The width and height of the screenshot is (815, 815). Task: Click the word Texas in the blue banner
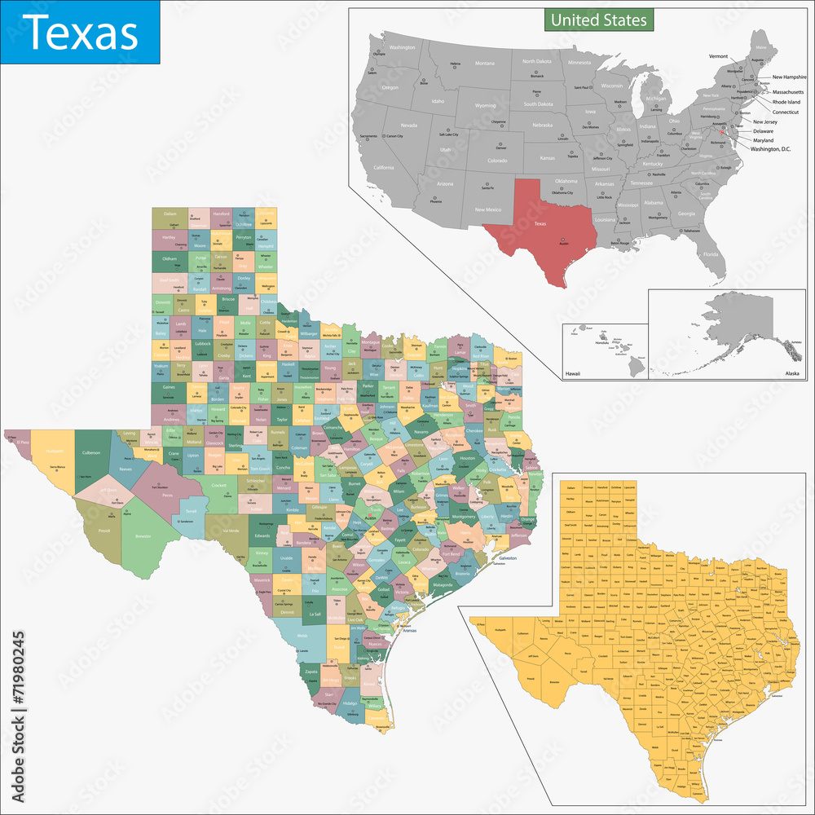coord(79,33)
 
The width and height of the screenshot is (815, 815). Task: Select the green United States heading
coord(598,19)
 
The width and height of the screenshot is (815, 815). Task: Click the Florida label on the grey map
coord(711,254)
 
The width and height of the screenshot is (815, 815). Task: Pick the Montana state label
coord(484,63)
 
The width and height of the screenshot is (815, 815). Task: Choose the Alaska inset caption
coord(791,372)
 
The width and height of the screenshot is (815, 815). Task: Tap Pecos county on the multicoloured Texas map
coord(167,494)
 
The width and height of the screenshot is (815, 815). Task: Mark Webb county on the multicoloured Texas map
coord(302,636)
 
